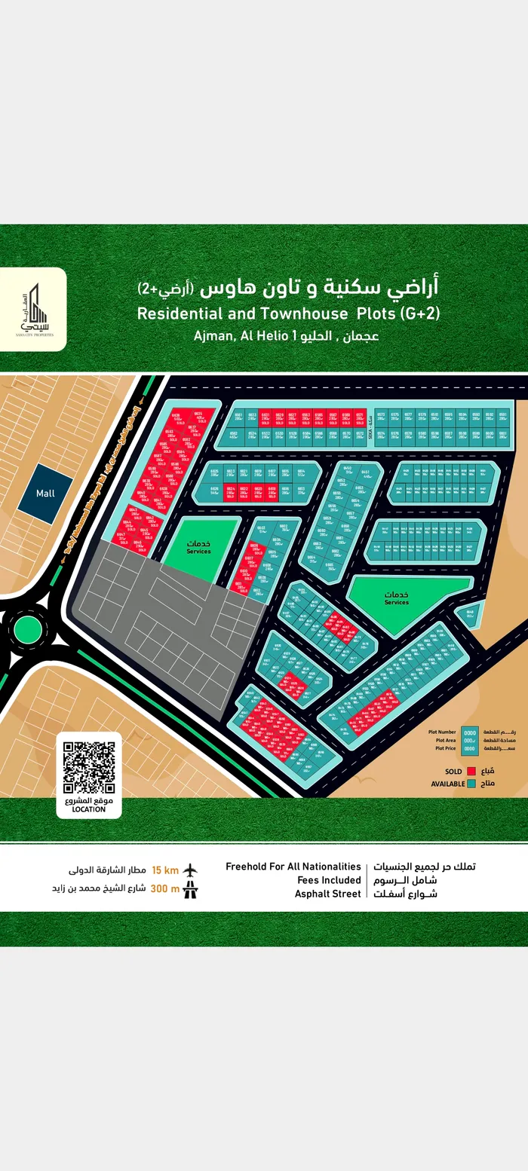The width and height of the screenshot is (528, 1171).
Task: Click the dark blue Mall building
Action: click(x=45, y=494)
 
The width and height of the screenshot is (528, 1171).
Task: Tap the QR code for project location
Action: click(x=88, y=767)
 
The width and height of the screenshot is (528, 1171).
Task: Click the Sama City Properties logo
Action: click(x=33, y=309)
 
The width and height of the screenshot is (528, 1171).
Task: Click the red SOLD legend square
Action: click(x=471, y=772)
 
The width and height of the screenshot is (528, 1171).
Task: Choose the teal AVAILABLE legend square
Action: click(x=471, y=784)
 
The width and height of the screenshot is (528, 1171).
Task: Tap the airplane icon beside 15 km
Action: click(x=191, y=870)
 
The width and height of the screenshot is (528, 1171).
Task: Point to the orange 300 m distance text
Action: click(x=165, y=888)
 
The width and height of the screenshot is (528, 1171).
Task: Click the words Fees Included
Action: click(x=329, y=880)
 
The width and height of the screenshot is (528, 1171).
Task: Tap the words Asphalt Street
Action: click(x=327, y=894)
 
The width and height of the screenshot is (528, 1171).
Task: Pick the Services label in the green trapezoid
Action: click(x=396, y=602)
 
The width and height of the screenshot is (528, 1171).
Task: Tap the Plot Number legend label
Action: click(x=442, y=732)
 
